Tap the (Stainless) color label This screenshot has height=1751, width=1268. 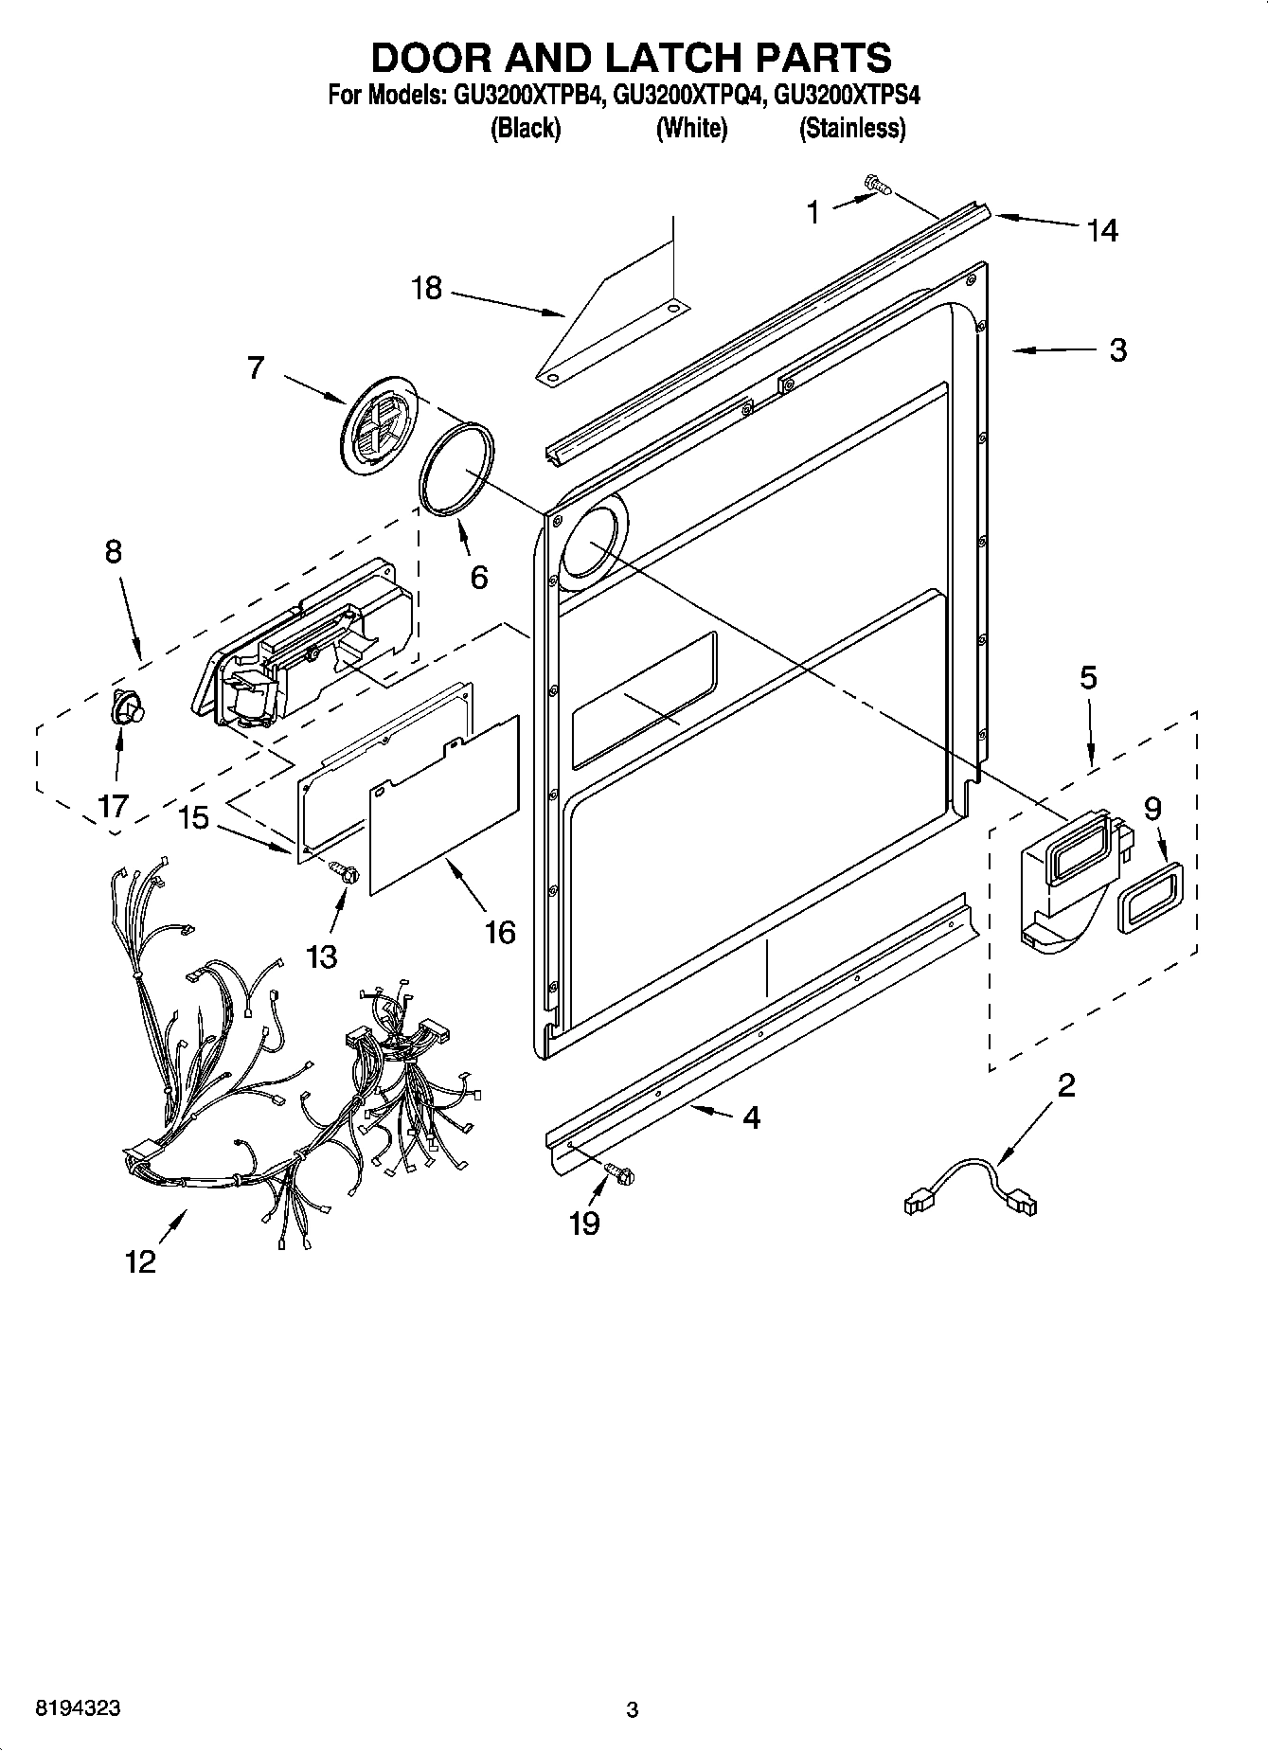click(x=852, y=128)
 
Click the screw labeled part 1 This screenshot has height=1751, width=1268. click(x=877, y=187)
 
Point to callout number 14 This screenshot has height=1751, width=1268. click(x=1101, y=230)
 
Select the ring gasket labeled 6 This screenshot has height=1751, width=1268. click(x=456, y=470)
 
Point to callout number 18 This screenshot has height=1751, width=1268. click(x=426, y=288)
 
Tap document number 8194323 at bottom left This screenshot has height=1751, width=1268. click(x=78, y=1708)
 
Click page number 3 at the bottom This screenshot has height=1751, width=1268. click(x=633, y=1709)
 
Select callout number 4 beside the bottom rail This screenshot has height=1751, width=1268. click(x=750, y=1117)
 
